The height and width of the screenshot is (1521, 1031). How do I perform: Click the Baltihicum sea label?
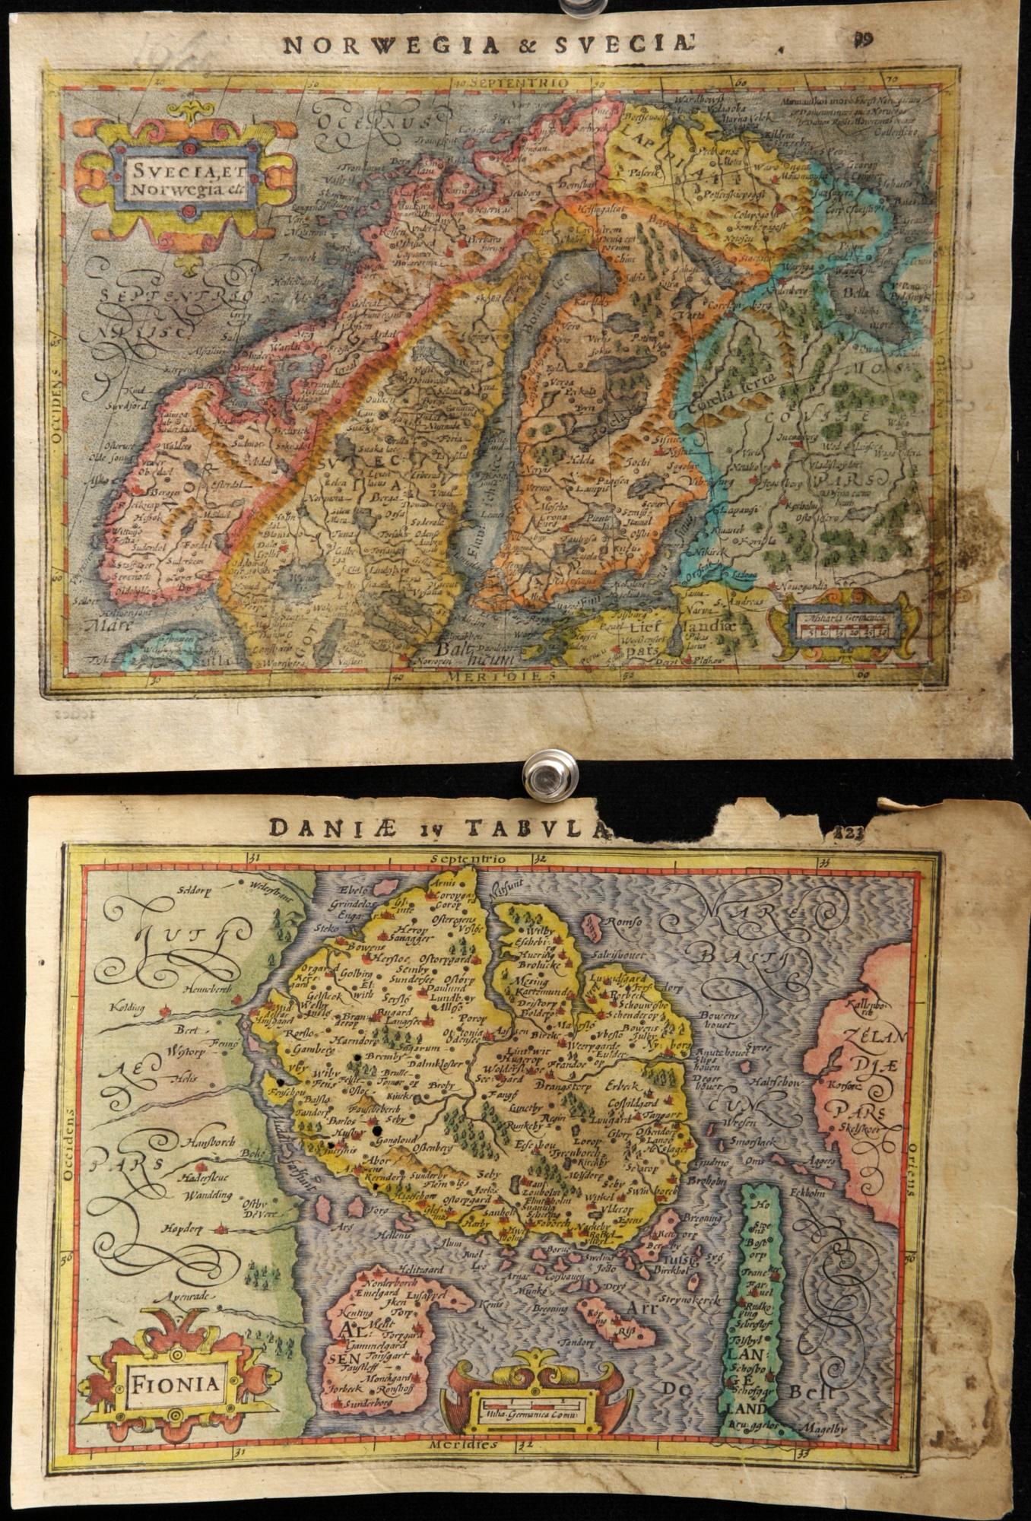[x=471, y=653]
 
